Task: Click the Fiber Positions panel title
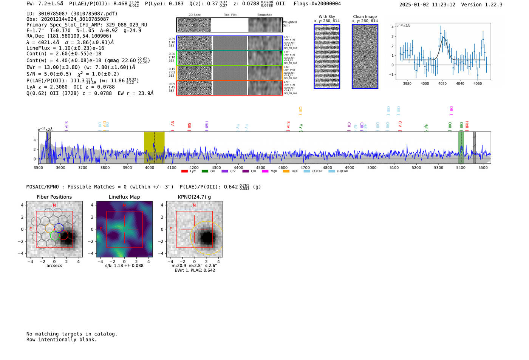(54, 197)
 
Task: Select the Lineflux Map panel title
(124, 197)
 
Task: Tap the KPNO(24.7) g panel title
(194, 197)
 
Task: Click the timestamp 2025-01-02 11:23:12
(427, 5)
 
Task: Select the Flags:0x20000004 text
(317, 3)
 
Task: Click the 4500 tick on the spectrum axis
(261, 167)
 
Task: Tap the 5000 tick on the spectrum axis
(372, 167)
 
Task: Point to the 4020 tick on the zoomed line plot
(442, 83)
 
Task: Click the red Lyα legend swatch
(184, 171)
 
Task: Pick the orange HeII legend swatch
(286, 171)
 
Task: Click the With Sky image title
(326, 17)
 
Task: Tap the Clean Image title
(365, 17)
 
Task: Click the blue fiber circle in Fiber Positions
(59, 228)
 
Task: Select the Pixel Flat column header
(230, 15)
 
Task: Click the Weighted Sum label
(289, 24)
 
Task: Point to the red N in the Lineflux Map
(124, 205)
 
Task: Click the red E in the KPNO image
(171, 229)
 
